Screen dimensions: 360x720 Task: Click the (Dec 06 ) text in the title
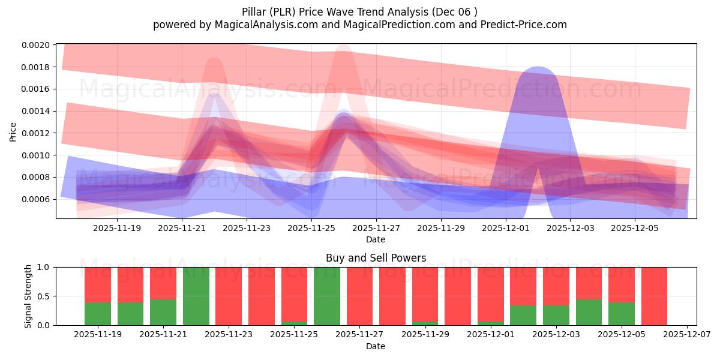(455, 12)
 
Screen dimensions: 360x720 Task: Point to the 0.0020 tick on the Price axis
(37, 45)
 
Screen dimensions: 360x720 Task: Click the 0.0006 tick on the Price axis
(37, 199)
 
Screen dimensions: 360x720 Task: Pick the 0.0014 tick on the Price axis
(37, 111)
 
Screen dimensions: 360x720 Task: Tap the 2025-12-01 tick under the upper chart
(505, 228)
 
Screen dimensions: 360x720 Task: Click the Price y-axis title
(13, 132)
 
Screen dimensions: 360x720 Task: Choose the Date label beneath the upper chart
(376, 239)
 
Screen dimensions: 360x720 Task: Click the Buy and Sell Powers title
(376, 259)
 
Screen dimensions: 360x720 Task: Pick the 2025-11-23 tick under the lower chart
(229, 335)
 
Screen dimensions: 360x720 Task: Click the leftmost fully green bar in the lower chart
(196, 296)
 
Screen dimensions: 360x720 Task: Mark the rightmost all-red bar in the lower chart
(654, 296)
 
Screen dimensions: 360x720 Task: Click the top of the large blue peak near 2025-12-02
(537, 68)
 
